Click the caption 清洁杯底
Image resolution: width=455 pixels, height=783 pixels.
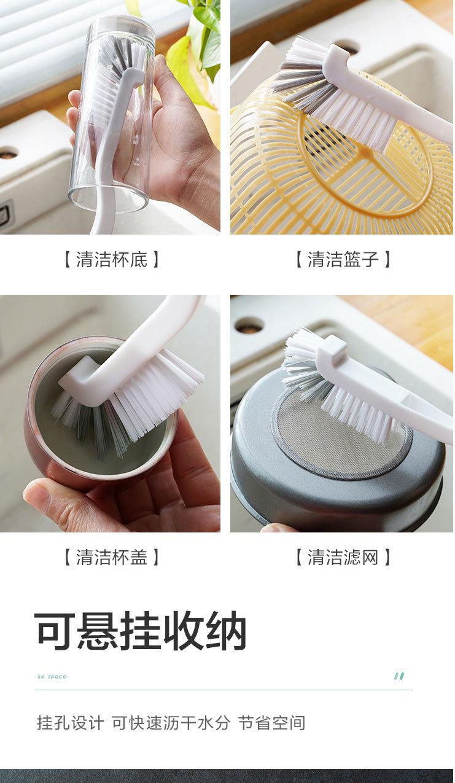[112, 260]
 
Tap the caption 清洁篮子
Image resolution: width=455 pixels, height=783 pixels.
[343, 260]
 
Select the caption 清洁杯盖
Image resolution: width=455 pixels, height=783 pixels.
[112, 557]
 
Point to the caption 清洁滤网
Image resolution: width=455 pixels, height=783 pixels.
[343, 557]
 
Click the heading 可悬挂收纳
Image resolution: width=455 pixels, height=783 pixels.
[141, 631]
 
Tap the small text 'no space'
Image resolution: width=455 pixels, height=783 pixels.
[52, 677]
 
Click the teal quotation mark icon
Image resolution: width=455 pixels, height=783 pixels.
[399, 676]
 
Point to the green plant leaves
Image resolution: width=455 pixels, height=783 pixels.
[196, 45]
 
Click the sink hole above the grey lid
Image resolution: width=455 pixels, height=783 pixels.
[249, 325]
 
